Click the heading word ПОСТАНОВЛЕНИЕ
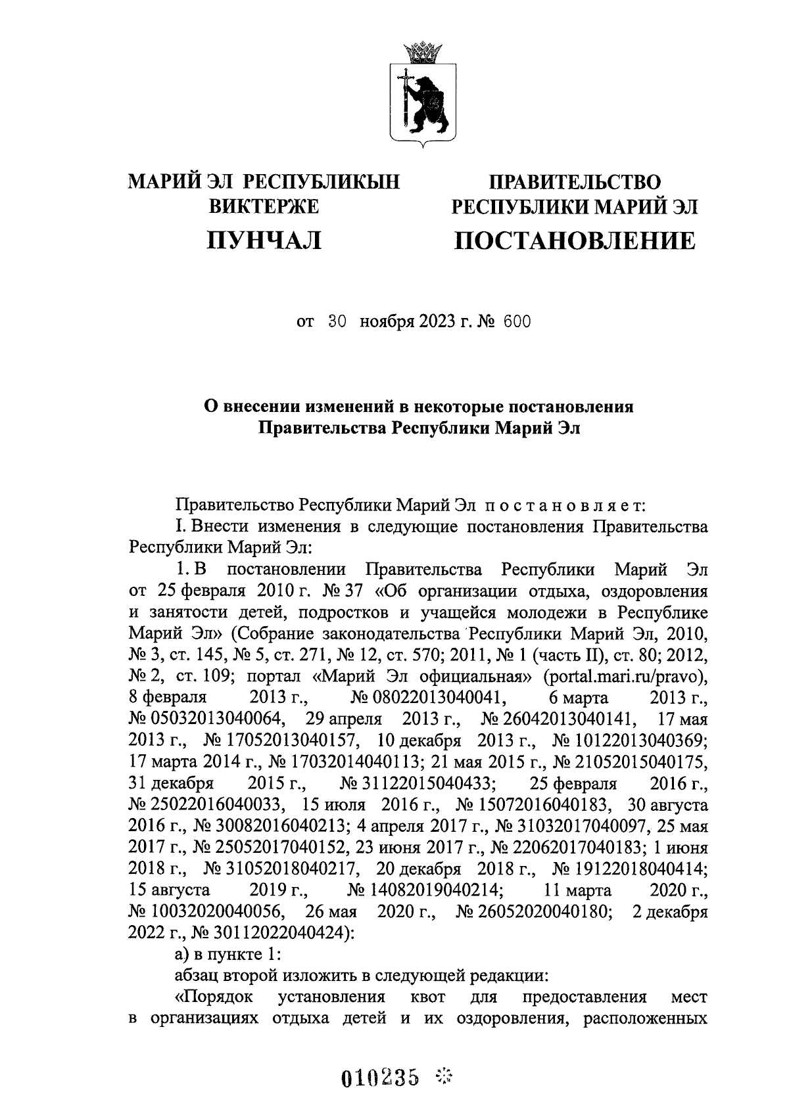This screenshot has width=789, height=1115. (575, 241)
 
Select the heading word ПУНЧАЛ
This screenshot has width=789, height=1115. (264, 241)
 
